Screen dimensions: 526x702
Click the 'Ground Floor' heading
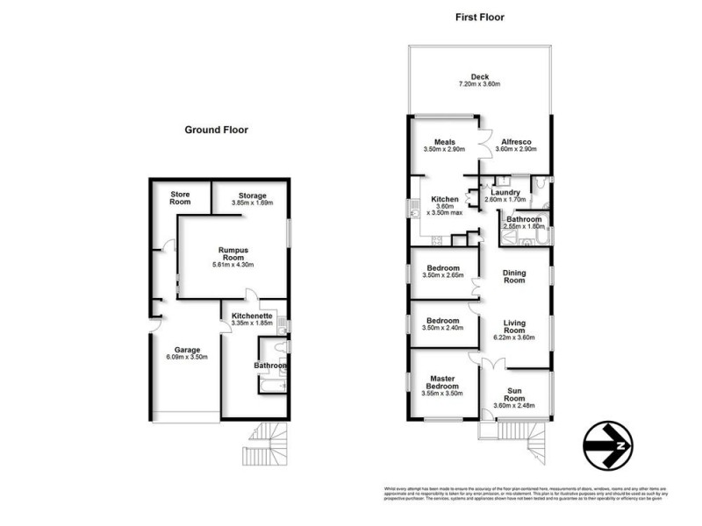tap(216, 130)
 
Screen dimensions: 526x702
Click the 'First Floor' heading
tap(479, 17)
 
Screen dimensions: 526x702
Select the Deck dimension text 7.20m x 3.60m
tap(479, 84)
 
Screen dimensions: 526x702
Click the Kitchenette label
tap(254, 316)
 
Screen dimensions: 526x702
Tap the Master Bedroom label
tap(442, 383)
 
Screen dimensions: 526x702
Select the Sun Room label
tap(516, 395)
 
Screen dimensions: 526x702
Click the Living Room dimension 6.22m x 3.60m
tap(514, 338)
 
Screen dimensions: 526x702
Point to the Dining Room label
tap(514, 276)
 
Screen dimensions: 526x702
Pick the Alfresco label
tap(516, 141)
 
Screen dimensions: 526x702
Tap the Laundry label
tap(506, 192)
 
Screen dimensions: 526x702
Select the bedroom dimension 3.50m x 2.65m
tap(442, 276)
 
